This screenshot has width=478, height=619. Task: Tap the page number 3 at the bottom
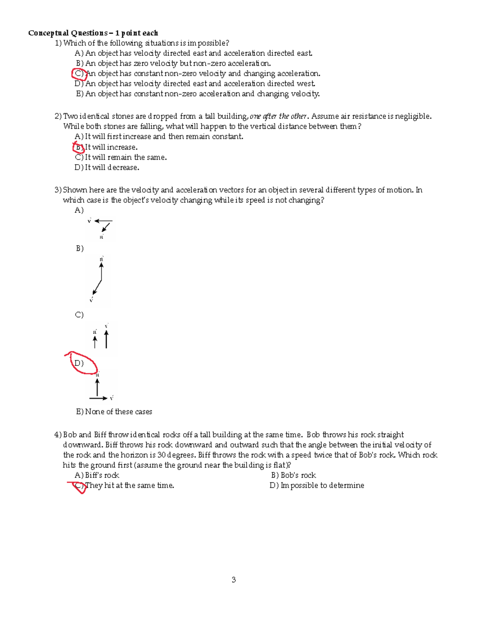tap(234, 580)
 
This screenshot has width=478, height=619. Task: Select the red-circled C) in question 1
tap(79, 74)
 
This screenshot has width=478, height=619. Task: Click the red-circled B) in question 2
tap(78, 147)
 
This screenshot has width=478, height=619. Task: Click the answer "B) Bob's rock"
tap(293, 475)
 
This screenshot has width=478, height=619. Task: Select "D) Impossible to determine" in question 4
tap(317, 485)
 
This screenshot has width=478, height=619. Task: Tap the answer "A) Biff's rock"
tap(97, 475)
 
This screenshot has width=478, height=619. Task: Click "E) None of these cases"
tap(114, 412)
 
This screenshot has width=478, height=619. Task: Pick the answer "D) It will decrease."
tap(107, 168)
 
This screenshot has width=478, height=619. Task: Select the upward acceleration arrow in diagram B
tap(102, 272)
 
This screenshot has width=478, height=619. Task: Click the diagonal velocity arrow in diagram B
tap(97, 287)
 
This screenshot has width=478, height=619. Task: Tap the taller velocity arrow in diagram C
tap(106, 339)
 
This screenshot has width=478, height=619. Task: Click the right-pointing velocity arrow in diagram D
tap(98, 398)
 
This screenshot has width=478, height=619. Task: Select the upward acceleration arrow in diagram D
tap(97, 387)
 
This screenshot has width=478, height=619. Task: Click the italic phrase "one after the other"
tap(278, 116)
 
